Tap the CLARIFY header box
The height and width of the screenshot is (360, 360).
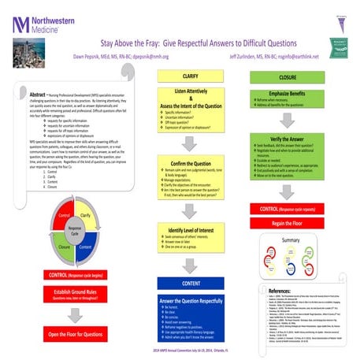tap(190, 77)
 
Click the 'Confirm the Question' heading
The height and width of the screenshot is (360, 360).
tap(190, 162)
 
